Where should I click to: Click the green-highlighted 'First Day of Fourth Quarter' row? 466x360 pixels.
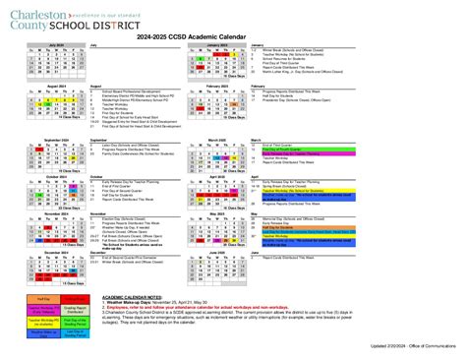point(294,150)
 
